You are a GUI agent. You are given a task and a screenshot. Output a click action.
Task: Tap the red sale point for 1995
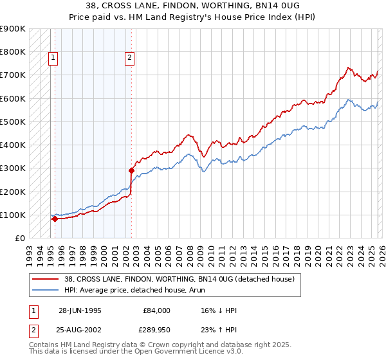(55, 219)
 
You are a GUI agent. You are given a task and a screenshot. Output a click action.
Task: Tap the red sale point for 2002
(131, 170)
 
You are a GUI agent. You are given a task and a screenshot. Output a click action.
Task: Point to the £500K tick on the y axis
(13, 122)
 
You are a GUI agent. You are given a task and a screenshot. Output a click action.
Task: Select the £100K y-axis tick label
(13, 215)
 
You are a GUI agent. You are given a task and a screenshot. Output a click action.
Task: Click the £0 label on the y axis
(19, 238)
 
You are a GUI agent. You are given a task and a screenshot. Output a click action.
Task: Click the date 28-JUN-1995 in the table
(80, 310)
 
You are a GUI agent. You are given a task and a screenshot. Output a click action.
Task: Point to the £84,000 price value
(155, 310)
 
